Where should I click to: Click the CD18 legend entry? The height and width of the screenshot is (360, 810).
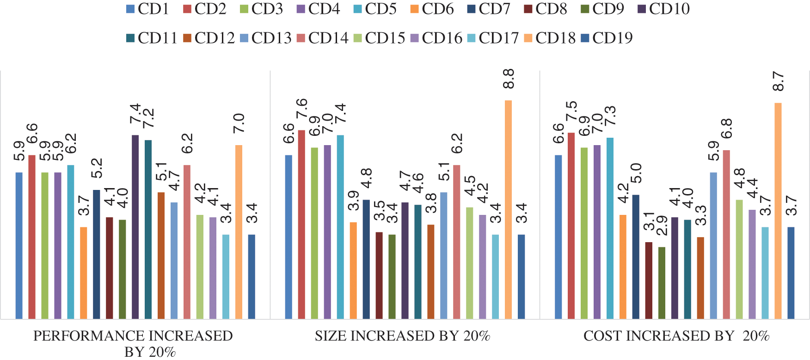(555, 38)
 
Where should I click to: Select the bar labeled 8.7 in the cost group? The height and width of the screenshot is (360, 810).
(778, 211)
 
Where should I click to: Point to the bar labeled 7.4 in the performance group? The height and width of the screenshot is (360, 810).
(135, 227)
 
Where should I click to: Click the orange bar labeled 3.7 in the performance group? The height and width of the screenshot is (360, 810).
(83, 273)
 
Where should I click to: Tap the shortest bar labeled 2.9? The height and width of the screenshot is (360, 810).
(662, 283)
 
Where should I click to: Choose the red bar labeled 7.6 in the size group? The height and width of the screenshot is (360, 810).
(301, 225)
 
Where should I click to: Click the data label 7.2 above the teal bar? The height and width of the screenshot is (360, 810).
(148, 118)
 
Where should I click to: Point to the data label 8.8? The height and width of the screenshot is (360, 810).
(508, 79)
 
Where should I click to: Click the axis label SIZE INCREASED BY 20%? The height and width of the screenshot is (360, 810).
(402, 336)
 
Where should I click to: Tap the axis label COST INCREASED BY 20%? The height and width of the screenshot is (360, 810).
(676, 336)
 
